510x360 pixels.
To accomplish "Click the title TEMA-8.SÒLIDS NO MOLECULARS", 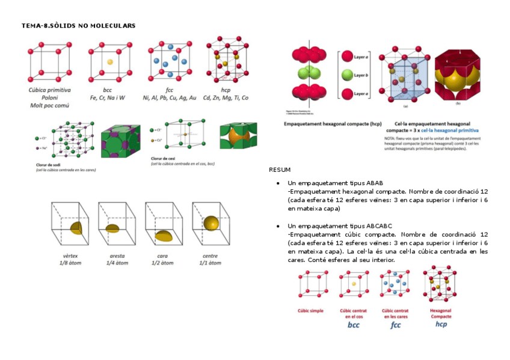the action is tap(78, 26).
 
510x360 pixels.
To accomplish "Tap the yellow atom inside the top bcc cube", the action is tap(109, 62).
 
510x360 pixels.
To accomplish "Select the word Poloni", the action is tap(49, 97).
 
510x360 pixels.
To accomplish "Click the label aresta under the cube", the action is tap(117, 256).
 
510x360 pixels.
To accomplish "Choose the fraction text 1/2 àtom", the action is tap(163, 263).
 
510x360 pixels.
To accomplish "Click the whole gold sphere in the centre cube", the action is tap(211, 222).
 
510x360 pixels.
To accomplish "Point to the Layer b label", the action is tap(361, 75).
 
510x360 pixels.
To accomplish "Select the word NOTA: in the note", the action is tap(390, 138).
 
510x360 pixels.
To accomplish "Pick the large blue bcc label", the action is tap(353, 325).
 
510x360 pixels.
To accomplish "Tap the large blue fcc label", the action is tap(395, 325).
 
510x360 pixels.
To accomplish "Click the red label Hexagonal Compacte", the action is tap(440, 313).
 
